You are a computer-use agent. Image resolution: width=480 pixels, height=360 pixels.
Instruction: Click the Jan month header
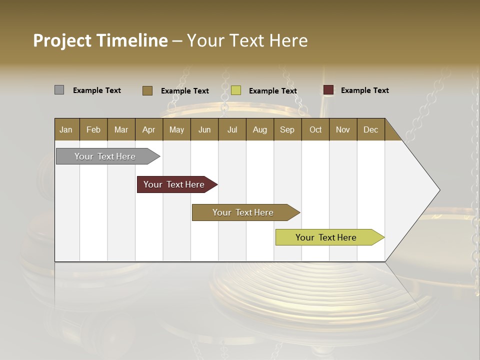[x=66, y=129]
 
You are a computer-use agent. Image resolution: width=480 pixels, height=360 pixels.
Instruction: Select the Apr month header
[x=149, y=129]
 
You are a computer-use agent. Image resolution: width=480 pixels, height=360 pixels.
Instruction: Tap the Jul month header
[x=232, y=129]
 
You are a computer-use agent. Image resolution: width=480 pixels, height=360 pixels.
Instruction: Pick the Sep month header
[x=287, y=129]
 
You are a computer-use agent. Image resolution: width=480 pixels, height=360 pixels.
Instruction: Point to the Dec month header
[x=371, y=129]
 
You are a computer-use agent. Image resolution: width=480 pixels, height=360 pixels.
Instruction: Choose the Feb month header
[x=93, y=129]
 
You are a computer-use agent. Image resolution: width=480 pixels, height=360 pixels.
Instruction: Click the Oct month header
[x=315, y=129]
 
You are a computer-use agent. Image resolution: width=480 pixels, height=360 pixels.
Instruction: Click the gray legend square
[x=59, y=90]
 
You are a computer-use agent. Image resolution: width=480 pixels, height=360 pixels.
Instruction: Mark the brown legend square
[x=147, y=90]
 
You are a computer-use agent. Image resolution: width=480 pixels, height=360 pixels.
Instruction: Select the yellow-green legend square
[x=236, y=90]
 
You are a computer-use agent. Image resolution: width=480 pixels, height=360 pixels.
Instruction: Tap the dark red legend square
[x=328, y=90]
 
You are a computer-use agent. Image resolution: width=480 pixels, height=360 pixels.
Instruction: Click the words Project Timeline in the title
[x=100, y=40]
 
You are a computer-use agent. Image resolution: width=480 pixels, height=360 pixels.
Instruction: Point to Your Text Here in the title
[x=247, y=40]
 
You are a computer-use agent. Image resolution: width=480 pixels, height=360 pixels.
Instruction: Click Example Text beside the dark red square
[x=364, y=90]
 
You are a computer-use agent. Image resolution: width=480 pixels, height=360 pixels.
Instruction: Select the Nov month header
[x=343, y=129]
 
